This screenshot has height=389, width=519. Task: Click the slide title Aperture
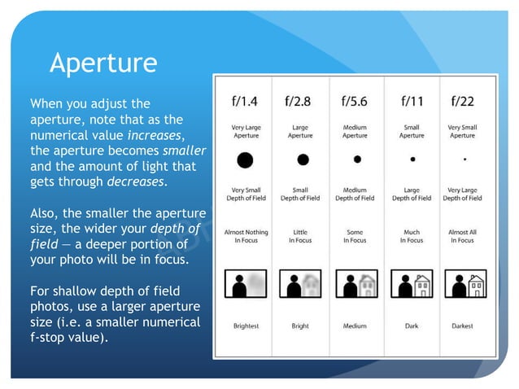[103, 62]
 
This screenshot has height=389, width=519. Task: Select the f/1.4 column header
[245, 102]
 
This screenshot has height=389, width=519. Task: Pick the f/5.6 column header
[355, 102]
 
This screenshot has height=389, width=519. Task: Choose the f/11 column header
[412, 102]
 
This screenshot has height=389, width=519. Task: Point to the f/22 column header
[463, 102]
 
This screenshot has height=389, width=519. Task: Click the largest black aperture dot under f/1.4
[245, 160]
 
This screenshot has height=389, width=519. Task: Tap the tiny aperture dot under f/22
[464, 160]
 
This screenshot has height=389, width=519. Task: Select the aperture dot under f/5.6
[356, 160]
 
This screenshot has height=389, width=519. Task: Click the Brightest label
[246, 326]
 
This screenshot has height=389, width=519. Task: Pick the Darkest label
[463, 326]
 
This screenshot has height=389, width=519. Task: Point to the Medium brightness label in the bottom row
[355, 326]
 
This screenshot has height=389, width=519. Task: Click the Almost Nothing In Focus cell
[246, 236]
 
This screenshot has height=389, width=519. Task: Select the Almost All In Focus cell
[463, 236]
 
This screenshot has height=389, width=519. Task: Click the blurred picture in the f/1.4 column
[246, 284]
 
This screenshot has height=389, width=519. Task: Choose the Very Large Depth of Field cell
[463, 194]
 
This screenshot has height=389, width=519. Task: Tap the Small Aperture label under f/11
[412, 132]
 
